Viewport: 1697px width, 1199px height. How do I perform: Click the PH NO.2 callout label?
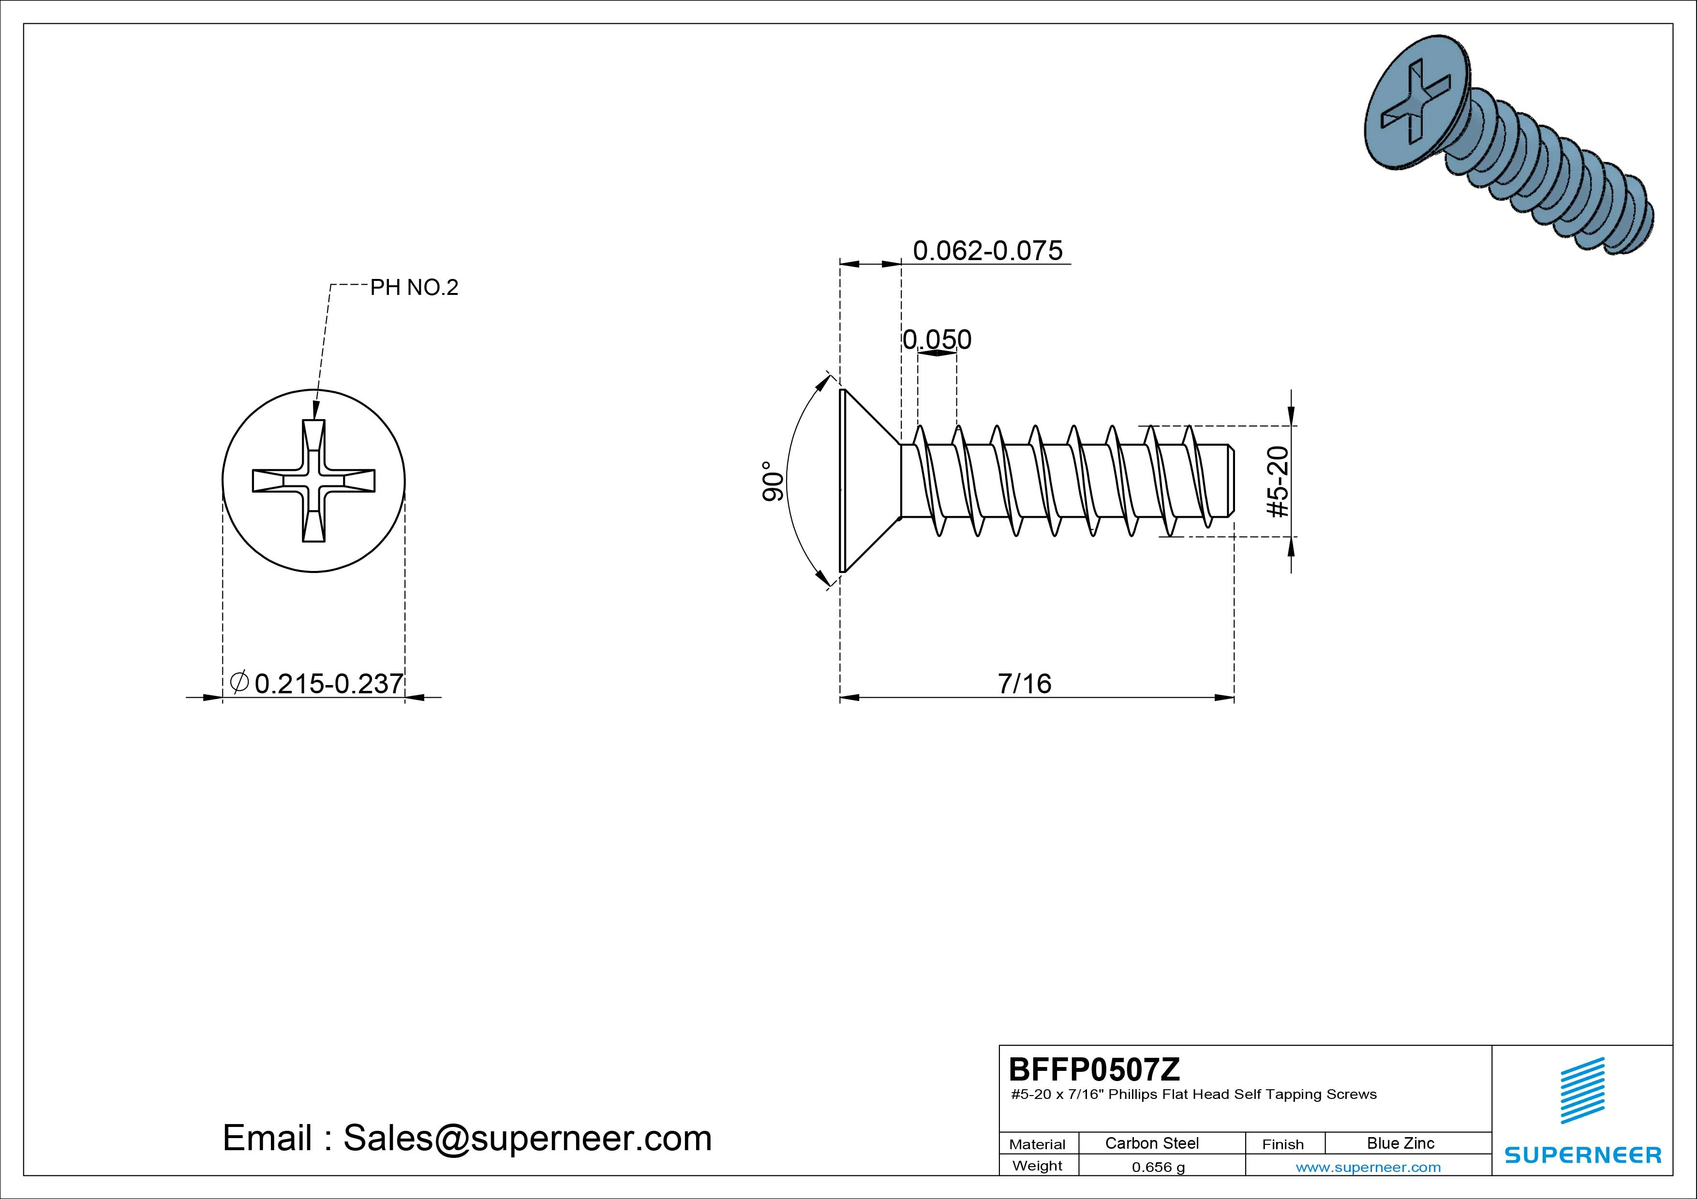point(414,287)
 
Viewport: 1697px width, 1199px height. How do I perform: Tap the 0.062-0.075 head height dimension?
point(987,250)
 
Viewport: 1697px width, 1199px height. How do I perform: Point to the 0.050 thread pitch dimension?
point(937,339)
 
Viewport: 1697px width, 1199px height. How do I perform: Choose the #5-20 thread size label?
point(1278,482)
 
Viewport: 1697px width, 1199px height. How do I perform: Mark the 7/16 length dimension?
point(1025,683)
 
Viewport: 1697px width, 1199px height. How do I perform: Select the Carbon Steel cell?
point(1151,1143)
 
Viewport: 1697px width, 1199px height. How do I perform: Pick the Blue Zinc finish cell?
point(1400,1143)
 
